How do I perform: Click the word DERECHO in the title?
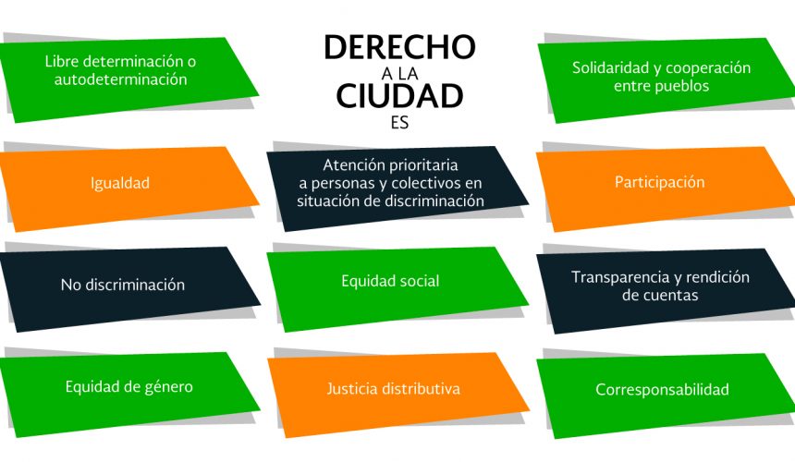tap(399, 47)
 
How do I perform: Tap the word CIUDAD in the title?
tap(399, 96)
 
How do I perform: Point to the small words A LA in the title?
tap(400, 74)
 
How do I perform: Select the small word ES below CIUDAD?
tap(399, 123)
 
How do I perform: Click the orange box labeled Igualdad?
tap(129, 188)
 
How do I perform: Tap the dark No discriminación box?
tap(130, 289)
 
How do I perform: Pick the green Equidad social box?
tap(397, 289)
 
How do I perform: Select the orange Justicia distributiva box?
tap(398, 395)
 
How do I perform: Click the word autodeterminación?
tap(121, 79)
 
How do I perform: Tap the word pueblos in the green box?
tap(682, 86)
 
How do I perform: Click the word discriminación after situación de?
tap(434, 201)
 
